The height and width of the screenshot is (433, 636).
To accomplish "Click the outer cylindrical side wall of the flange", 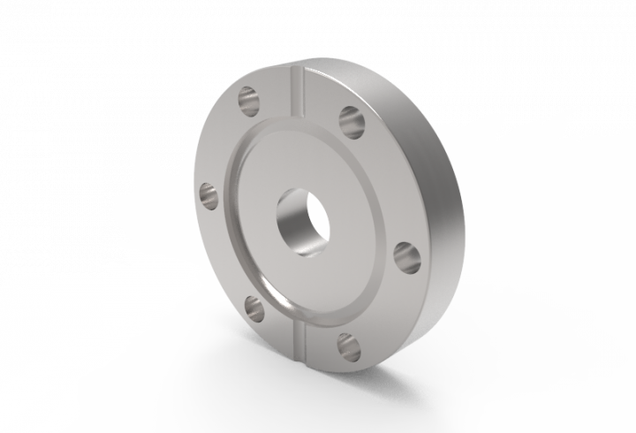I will click(442, 221).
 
